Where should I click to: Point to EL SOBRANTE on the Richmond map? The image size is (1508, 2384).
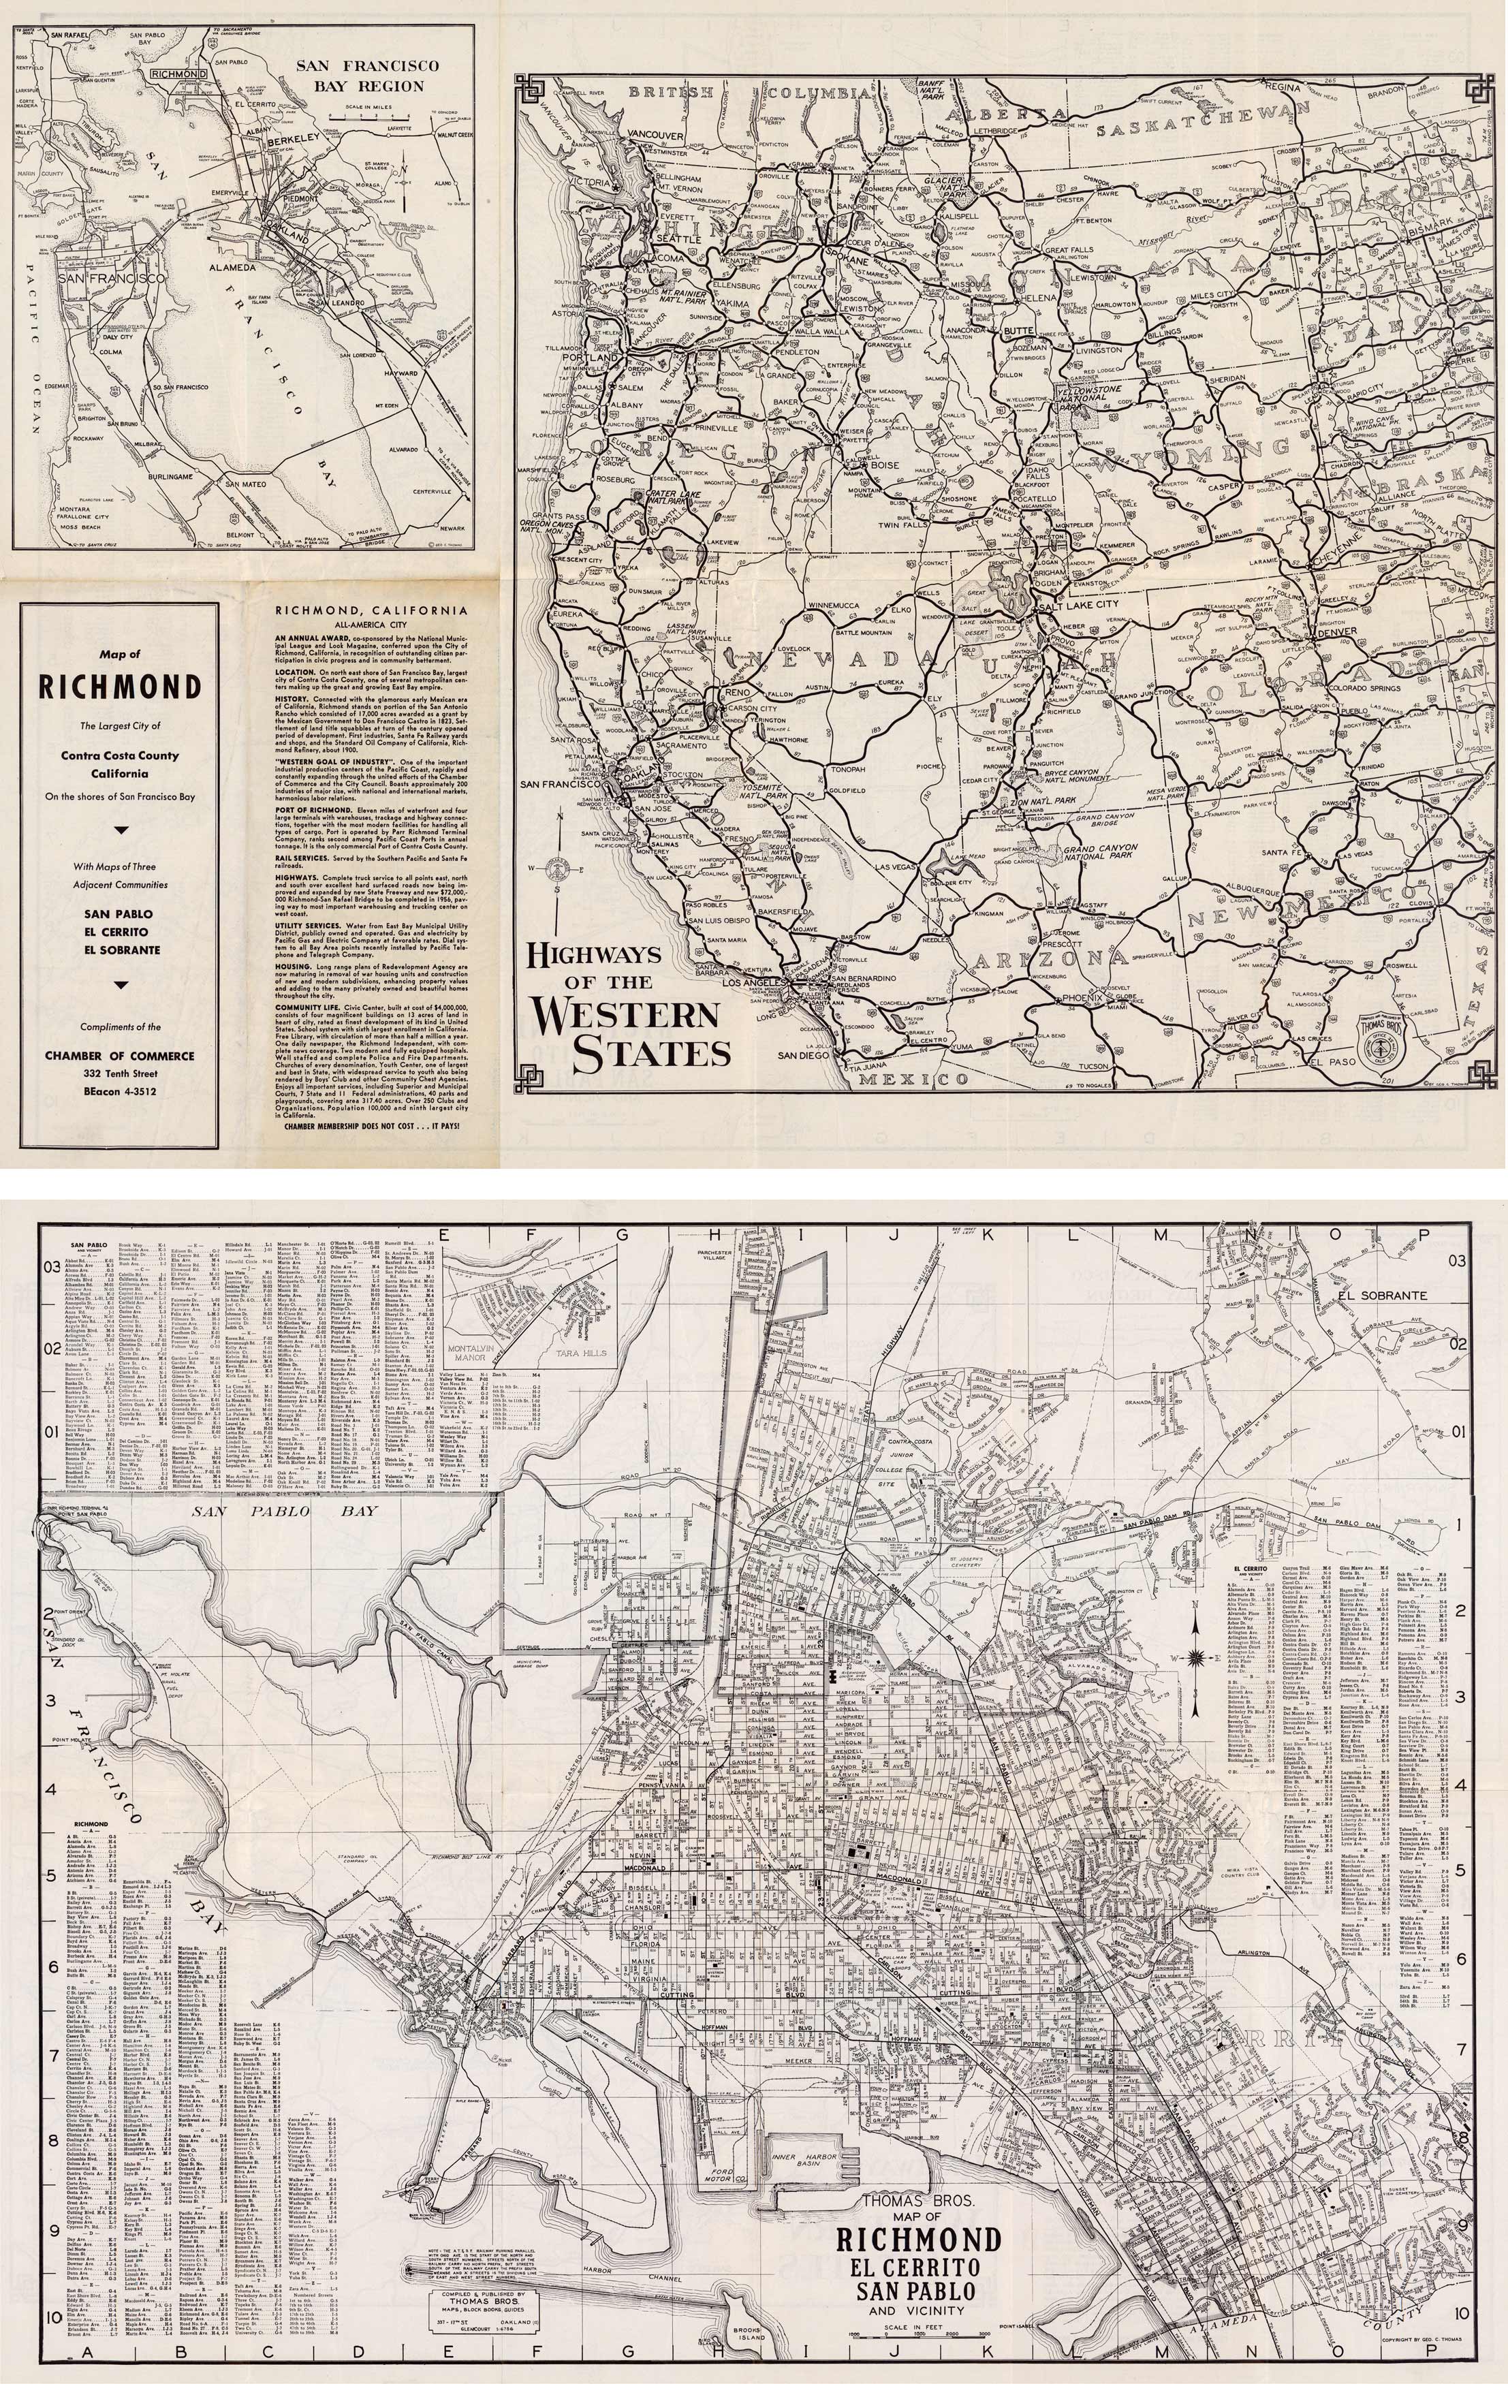click(1380, 1295)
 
